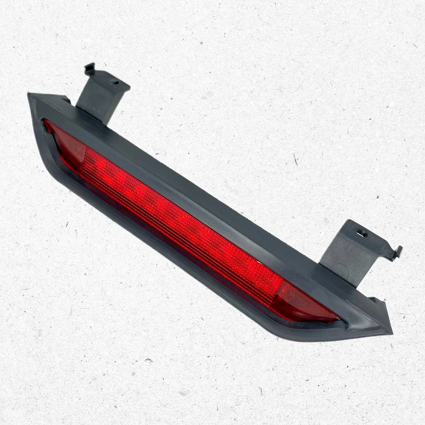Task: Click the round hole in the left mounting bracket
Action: [114, 81]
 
